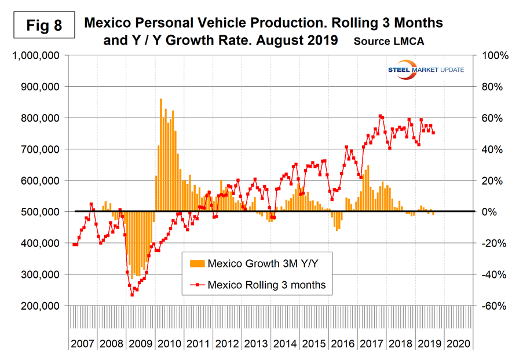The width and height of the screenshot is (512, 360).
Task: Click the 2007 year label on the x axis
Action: click(x=83, y=343)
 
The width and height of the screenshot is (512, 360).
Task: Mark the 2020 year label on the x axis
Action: click(x=458, y=343)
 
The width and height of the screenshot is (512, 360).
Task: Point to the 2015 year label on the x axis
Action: click(x=313, y=343)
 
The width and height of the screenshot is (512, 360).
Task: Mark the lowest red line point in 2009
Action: click(x=132, y=295)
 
